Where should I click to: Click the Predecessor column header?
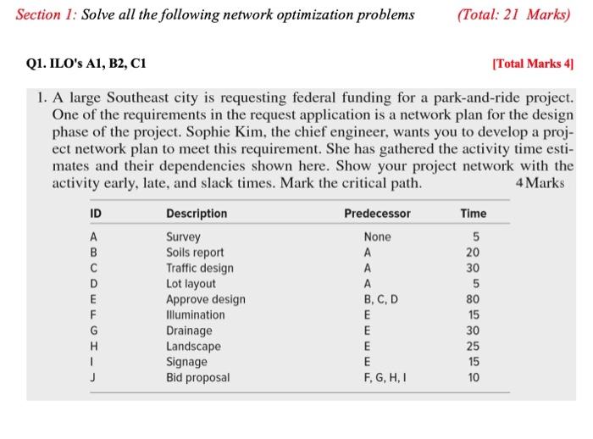point(377,214)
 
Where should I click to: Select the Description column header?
point(197,214)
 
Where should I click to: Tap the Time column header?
point(473,214)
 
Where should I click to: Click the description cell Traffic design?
point(200,268)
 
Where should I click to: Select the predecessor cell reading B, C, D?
point(377,299)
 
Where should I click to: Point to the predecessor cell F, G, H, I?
point(377,377)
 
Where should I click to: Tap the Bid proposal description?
point(197,377)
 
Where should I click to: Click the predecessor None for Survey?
point(377,237)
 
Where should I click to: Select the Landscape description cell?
point(193,346)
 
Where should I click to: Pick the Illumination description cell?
point(196,314)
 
